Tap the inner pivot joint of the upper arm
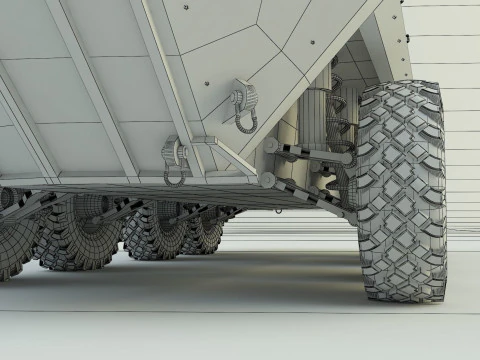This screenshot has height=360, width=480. pos(271,146)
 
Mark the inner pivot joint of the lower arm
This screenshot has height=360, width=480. pos(268,180)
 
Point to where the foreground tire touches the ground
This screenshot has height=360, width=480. pos(400,297)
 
